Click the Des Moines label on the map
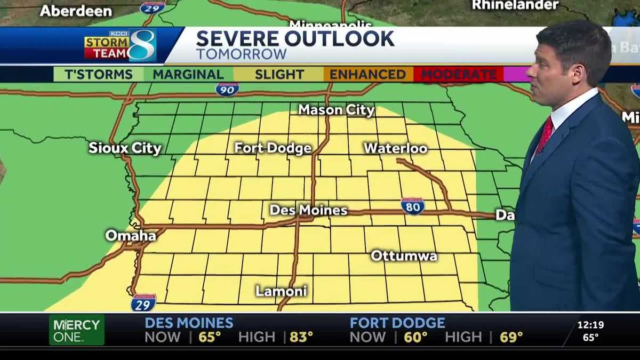tap(308, 210)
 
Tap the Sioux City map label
tap(125, 148)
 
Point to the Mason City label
tap(336, 110)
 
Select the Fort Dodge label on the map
tap(273, 148)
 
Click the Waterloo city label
tap(396, 148)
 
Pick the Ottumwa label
tap(404, 255)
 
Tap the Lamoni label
tap(281, 291)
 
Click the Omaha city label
tap(131, 235)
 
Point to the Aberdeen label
tap(76, 11)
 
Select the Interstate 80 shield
tap(412, 206)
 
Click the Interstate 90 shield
tap(227, 89)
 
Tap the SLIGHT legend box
tap(278, 74)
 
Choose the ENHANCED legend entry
tap(367, 74)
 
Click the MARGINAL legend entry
tap(188, 74)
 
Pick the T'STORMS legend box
tap(99, 74)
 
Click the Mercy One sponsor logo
tap(77, 330)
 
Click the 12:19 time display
tap(590, 324)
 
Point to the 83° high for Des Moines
tap(301, 337)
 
